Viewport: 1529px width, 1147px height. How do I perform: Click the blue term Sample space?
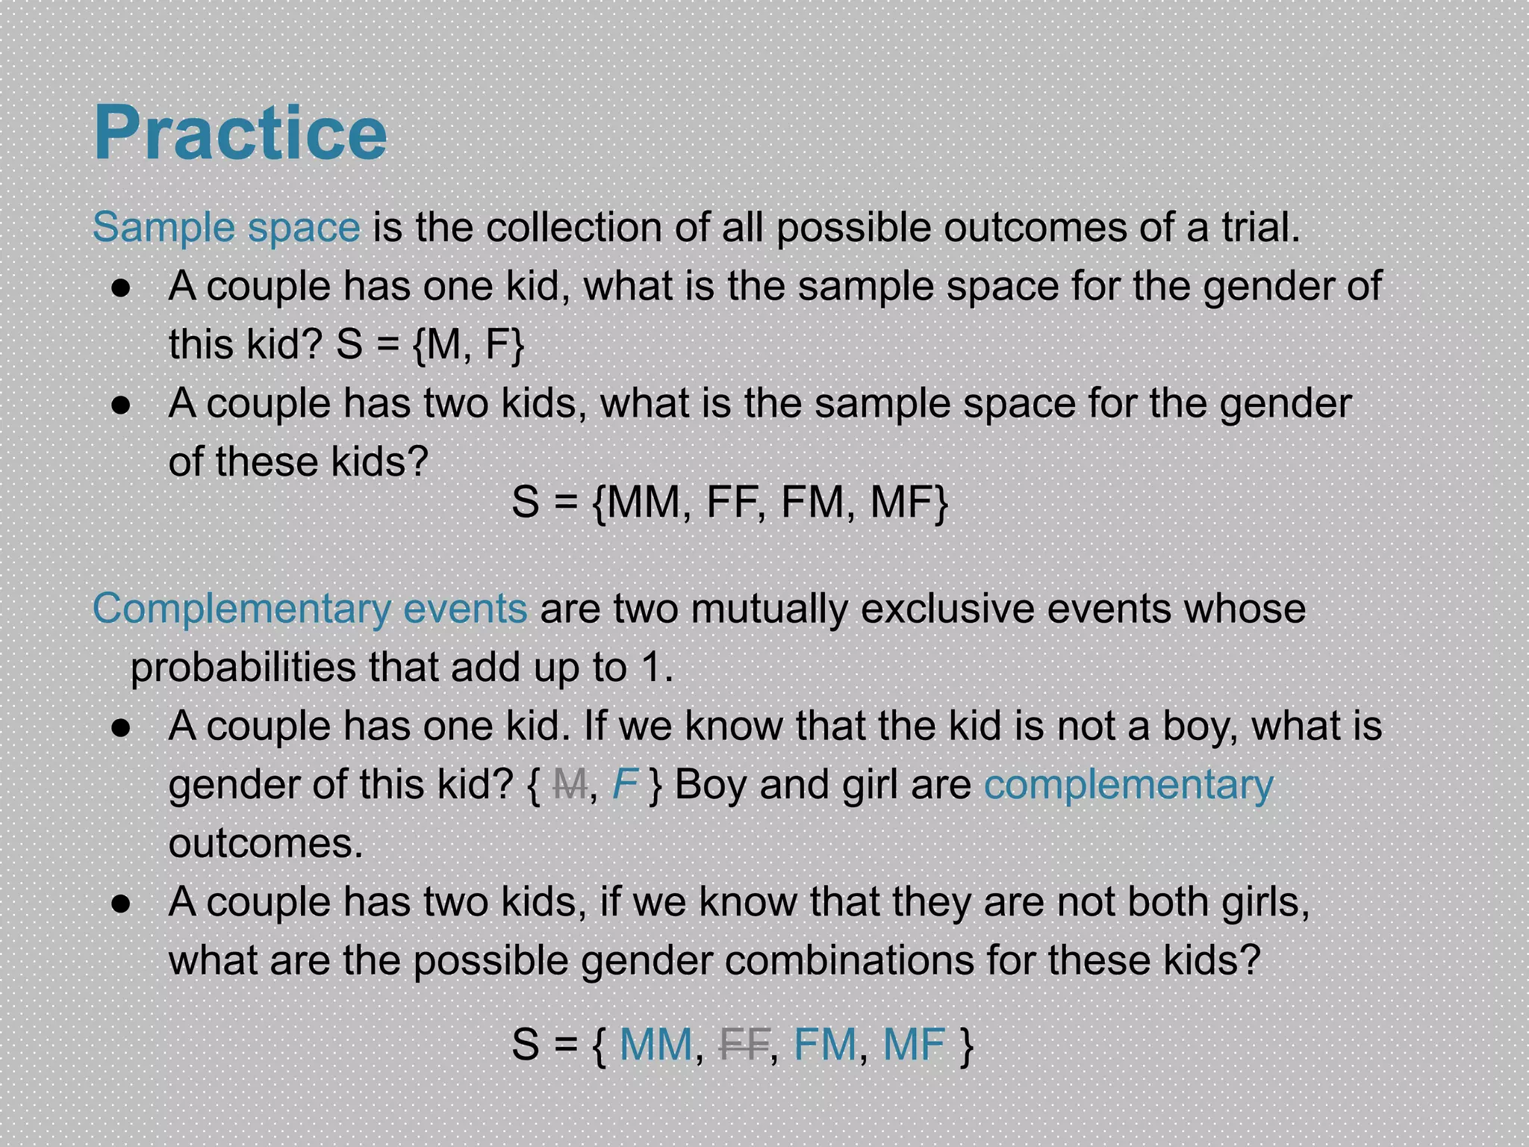[x=226, y=227]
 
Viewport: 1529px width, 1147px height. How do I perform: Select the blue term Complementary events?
[x=310, y=609]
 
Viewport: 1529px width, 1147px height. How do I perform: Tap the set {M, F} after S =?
[x=468, y=345]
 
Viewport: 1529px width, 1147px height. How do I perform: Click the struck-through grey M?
[x=570, y=785]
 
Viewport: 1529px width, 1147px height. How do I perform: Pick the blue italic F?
[x=624, y=785]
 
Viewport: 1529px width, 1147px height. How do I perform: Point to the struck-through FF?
[x=744, y=1044]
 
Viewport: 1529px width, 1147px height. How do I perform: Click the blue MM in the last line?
[x=656, y=1044]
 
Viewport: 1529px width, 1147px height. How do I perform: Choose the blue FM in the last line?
[x=824, y=1044]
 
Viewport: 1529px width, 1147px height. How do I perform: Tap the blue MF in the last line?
[x=914, y=1044]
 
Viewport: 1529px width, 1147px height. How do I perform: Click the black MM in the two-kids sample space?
[x=644, y=502]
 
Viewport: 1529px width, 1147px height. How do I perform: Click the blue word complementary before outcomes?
[x=1128, y=785]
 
